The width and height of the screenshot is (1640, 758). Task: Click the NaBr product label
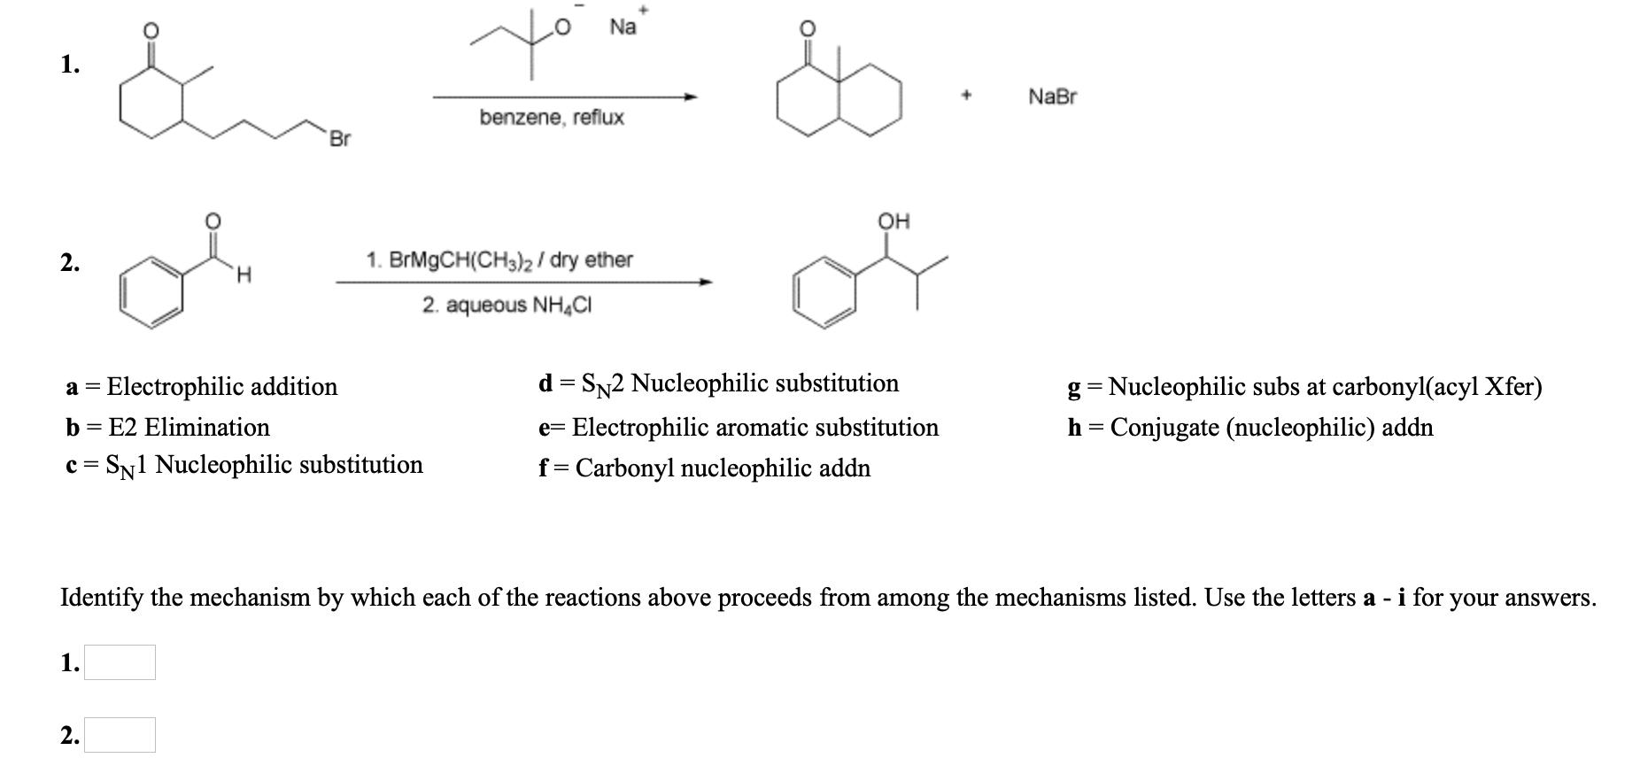coord(1052,97)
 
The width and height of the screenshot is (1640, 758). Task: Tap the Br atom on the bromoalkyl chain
coord(340,139)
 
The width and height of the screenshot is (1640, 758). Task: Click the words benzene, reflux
coord(551,118)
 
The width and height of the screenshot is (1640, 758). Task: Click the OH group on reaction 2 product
coord(893,221)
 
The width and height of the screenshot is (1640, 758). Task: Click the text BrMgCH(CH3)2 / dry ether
coord(499,260)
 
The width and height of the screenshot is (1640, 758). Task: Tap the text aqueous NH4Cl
coord(507,306)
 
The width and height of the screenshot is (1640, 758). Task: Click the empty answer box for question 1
coord(120,662)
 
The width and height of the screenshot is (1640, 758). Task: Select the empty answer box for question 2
coord(120,735)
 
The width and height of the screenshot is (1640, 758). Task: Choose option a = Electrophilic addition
coord(202,387)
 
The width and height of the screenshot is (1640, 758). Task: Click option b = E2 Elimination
coord(167,428)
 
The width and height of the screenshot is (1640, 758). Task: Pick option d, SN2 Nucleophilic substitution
coord(718,383)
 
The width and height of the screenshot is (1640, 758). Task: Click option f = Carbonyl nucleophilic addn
coord(704,468)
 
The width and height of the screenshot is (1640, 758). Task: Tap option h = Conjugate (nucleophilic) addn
coord(1249,428)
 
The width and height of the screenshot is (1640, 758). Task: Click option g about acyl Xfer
coord(1304,387)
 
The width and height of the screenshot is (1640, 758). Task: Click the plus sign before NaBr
coord(969,97)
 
